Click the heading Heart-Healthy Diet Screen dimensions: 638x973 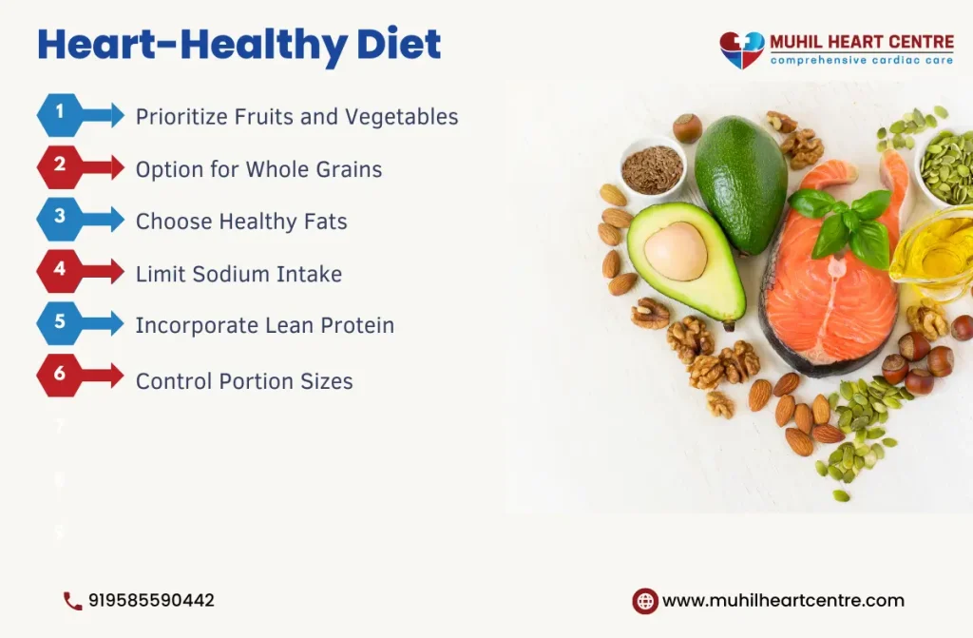(239, 45)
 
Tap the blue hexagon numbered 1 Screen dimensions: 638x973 (60, 115)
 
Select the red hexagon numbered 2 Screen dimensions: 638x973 (60, 167)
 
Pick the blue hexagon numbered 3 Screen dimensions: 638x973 (60, 220)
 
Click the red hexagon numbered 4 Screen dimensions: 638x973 (60, 272)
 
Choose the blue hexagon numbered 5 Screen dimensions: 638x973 (60, 323)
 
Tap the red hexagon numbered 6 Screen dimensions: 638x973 (60, 376)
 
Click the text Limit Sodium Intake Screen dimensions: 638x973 (238, 275)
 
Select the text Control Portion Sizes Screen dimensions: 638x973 (244, 382)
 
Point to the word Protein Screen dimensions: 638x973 (356, 326)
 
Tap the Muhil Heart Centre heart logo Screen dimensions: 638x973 (741, 49)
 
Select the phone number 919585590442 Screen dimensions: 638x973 (151, 601)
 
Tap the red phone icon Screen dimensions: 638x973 (72, 601)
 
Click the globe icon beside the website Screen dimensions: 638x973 (645, 601)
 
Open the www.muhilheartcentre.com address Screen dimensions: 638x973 (783, 601)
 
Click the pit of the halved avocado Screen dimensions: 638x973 (676, 251)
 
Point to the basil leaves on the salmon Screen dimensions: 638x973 (841, 223)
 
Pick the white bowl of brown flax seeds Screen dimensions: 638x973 (652, 169)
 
